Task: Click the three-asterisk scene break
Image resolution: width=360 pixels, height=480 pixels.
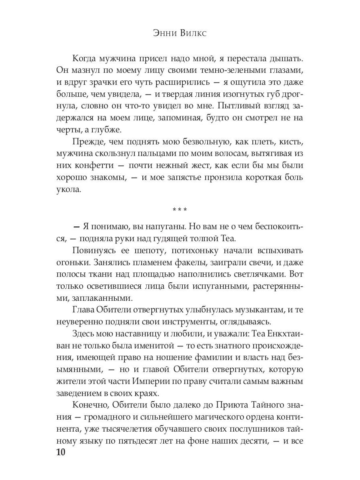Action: pos(180,209)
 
